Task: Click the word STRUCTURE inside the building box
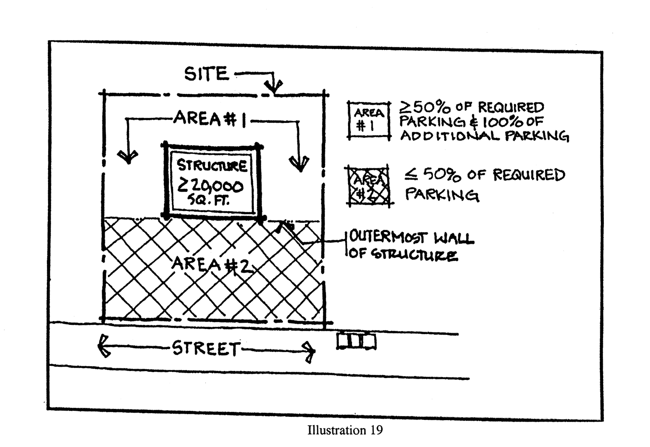tap(212, 165)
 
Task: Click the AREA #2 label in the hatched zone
tap(211, 265)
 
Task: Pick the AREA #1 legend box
tap(369, 120)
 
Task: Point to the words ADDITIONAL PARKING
tap(485, 136)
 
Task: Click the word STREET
tap(205, 349)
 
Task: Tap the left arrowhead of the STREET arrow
tap(103, 346)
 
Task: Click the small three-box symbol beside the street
tap(356, 341)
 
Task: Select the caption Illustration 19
tap(345, 430)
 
